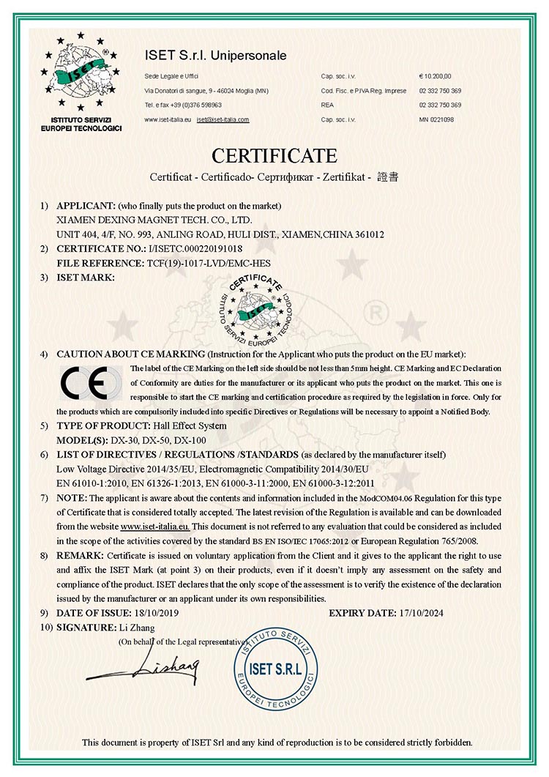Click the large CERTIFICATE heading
click(274, 156)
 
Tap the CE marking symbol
click(86, 382)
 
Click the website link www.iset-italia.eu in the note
click(154, 526)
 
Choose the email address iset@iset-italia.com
click(223, 119)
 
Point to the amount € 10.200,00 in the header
click(435, 76)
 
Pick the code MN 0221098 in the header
click(436, 119)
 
